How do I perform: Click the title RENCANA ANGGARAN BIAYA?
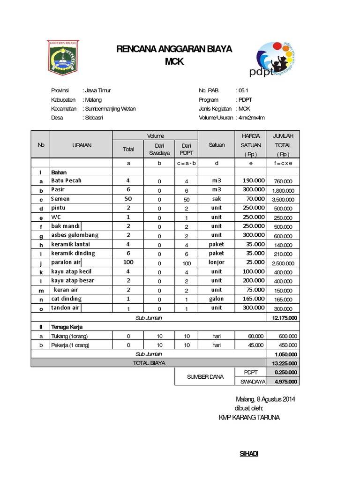point(174,49)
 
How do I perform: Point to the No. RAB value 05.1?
point(242,90)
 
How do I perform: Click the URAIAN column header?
point(81,145)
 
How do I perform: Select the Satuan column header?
point(216,145)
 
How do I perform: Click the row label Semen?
point(60,199)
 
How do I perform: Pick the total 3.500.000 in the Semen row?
point(283,200)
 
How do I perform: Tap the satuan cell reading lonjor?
point(216,262)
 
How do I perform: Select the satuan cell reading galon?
point(216,299)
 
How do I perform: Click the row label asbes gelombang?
point(75,235)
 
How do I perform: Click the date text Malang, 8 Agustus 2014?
point(265,399)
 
